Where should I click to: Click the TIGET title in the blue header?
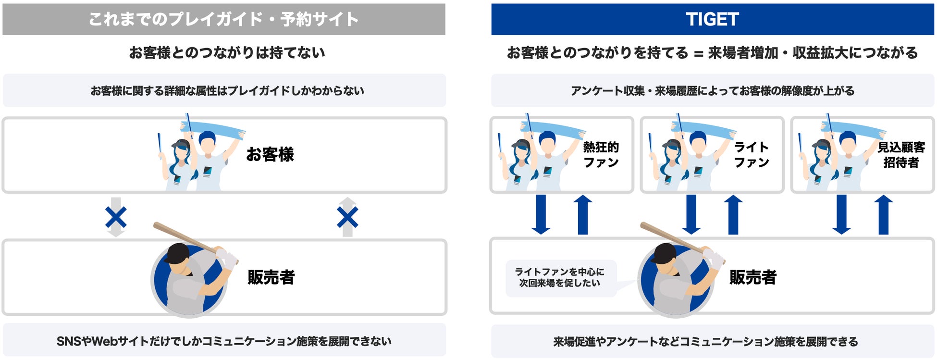pos(712,19)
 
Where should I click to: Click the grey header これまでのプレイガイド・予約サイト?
pos(223,19)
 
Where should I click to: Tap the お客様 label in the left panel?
pos(270,154)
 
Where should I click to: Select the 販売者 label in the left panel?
pos(271,277)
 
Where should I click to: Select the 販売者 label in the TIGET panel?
pos(753,277)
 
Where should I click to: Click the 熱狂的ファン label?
pos(601,154)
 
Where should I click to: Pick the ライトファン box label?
pos(751,154)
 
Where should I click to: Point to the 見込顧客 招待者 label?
pos(901,154)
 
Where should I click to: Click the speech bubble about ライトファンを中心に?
pos(560,278)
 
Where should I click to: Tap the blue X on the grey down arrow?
pos(116,217)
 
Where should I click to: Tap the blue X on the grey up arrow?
pos(347,217)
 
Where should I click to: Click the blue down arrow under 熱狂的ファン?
pos(541,214)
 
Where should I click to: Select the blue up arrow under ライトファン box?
pos(733,214)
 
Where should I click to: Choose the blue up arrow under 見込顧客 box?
pos(884,214)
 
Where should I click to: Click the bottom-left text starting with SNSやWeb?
pos(224,341)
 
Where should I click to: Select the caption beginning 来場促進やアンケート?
pos(705,342)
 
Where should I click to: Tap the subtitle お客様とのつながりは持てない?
pos(227,52)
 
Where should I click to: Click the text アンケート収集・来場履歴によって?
pos(713,90)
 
